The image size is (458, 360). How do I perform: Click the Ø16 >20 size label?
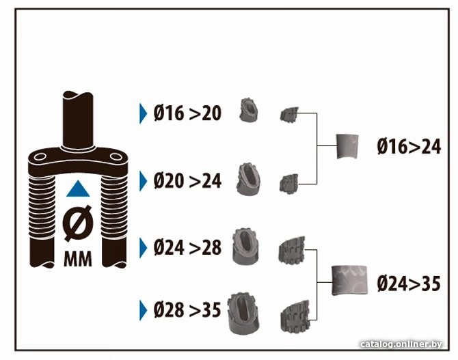(187, 113)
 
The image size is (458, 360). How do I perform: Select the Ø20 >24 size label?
(187, 181)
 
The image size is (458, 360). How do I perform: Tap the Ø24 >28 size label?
(187, 247)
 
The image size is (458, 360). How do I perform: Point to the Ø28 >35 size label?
(187, 309)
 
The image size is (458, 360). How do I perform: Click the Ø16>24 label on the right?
(409, 146)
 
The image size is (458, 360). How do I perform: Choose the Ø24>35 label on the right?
(409, 283)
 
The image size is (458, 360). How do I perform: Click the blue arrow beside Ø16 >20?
(143, 113)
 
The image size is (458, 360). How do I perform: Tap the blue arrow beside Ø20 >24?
(143, 181)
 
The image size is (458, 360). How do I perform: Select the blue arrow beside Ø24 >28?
(143, 248)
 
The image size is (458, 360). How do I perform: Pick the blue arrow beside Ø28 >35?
(143, 310)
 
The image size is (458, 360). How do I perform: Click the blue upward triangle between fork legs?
(78, 189)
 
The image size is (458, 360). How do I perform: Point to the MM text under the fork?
(78, 259)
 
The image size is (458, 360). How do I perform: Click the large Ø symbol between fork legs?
(77, 223)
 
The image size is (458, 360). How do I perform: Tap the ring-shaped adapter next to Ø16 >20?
(249, 111)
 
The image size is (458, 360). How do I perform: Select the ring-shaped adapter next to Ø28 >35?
(243, 314)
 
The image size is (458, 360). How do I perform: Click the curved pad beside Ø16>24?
(347, 146)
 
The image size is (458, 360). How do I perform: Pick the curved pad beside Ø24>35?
(349, 280)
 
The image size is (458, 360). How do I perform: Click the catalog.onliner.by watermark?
(401, 344)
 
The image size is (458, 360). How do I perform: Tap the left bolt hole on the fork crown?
(40, 157)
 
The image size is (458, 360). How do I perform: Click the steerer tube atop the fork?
(78, 120)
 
